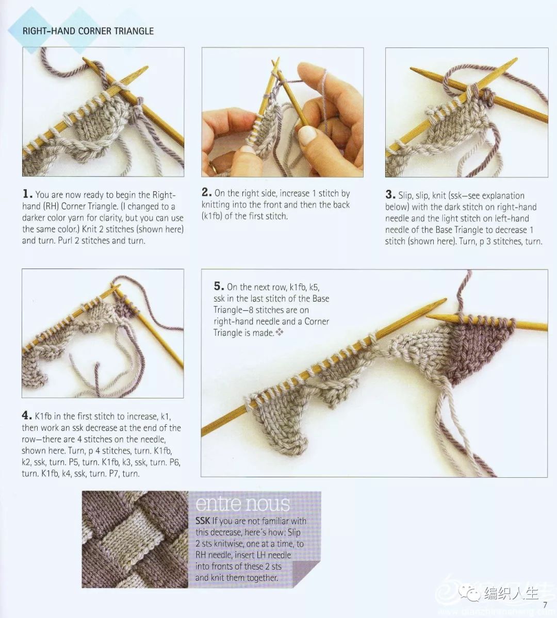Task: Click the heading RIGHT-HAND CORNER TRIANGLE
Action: [88, 31]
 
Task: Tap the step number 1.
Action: [27, 194]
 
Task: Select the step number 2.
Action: [207, 192]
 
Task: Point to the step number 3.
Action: [390, 194]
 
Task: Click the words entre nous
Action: [242, 503]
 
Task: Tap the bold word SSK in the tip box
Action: [203, 521]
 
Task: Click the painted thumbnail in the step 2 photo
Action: [307, 135]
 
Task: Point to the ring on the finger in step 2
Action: [213, 166]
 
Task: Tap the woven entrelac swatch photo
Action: [135, 539]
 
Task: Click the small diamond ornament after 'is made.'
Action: [280, 332]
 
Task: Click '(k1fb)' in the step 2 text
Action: [212, 216]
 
